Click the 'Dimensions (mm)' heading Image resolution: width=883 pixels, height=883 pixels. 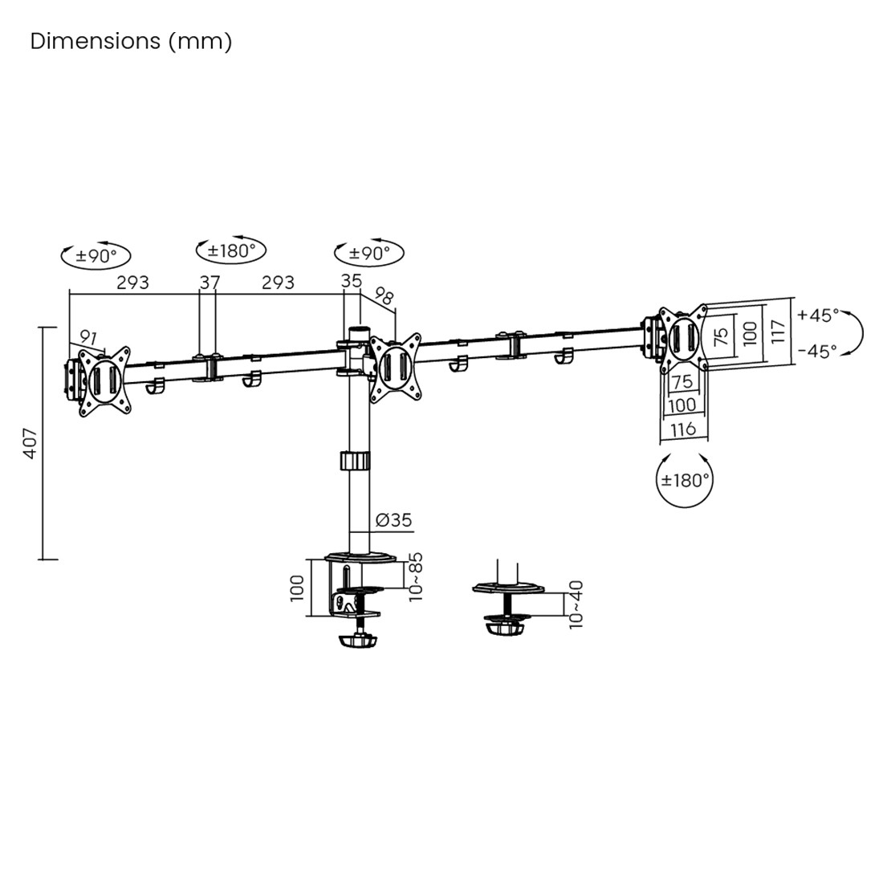tap(131, 41)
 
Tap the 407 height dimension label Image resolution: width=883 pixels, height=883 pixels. tap(30, 442)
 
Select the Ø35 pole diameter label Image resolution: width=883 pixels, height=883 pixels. tap(393, 520)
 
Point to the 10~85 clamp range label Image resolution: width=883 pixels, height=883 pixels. tap(415, 576)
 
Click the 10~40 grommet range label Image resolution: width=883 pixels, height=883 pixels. tap(576, 604)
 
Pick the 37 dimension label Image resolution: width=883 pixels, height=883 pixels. tap(210, 283)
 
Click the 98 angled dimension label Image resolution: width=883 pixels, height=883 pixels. tap(385, 297)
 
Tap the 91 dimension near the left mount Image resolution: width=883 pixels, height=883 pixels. tap(88, 338)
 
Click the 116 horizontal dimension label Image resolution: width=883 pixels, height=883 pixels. tap(683, 429)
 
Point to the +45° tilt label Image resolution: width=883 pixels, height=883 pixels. tap(818, 315)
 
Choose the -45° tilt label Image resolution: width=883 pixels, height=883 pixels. tap(817, 351)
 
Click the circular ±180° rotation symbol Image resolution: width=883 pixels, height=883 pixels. tap(685, 480)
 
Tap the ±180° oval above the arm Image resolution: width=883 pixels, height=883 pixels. tap(231, 250)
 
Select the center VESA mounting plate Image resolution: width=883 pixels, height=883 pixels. tap(395, 367)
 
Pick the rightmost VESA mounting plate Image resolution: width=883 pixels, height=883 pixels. tap(682, 338)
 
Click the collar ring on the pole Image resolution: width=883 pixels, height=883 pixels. tap(354, 462)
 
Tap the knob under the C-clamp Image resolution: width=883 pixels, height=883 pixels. tap(359, 641)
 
